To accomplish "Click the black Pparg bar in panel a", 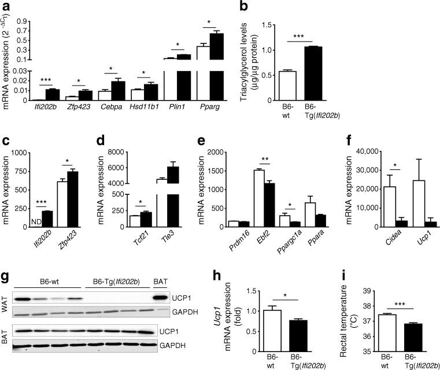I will [216, 66].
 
